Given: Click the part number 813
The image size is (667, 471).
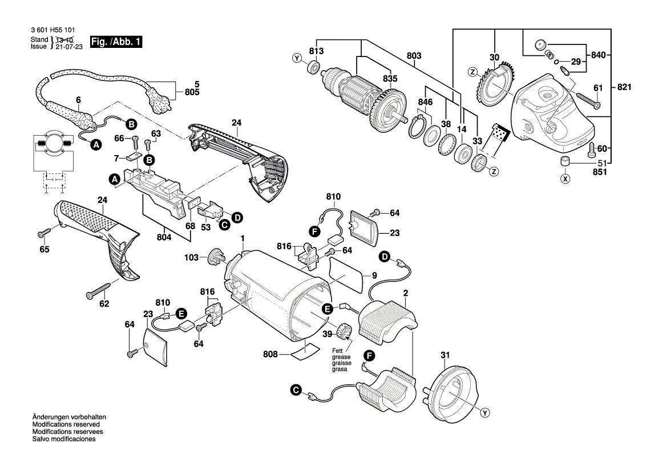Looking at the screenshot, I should click(x=316, y=51).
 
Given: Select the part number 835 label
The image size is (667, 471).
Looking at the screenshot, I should click(x=390, y=79).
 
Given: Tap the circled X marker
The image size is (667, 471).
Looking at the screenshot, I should click(x=565, y=178).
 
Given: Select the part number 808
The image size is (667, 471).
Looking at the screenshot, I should click(x=270, y=354).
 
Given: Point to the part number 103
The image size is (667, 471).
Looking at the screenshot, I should click(x=191, y=258).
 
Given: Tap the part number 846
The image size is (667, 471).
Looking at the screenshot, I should click(x=425, y=102).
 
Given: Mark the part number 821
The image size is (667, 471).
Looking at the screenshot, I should click(x=625, y=87).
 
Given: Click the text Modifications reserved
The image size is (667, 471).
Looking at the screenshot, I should click(x=66, y=425).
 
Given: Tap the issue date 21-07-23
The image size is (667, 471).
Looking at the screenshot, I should click(x=69, y=47).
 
